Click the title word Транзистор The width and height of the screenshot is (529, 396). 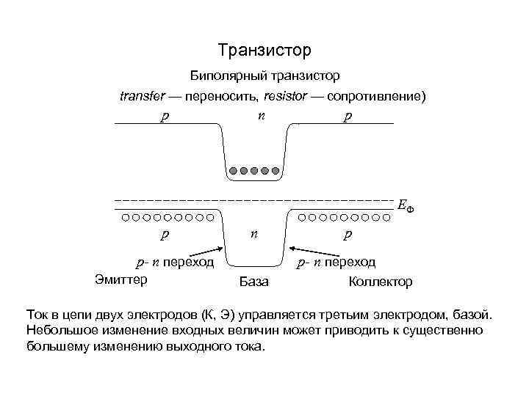point(264,51)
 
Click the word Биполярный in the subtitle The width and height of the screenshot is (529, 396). point(225,76)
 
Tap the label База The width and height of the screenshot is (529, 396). point(254,282)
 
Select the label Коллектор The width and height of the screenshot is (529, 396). point(380,282)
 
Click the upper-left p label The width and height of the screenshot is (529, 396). point(165,117)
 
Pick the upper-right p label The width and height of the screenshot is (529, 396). point(347,117)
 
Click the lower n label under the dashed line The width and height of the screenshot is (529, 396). point(254,234)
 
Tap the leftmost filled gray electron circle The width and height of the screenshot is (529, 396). point(233,172)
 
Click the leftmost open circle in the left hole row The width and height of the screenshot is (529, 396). point(126,217)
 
